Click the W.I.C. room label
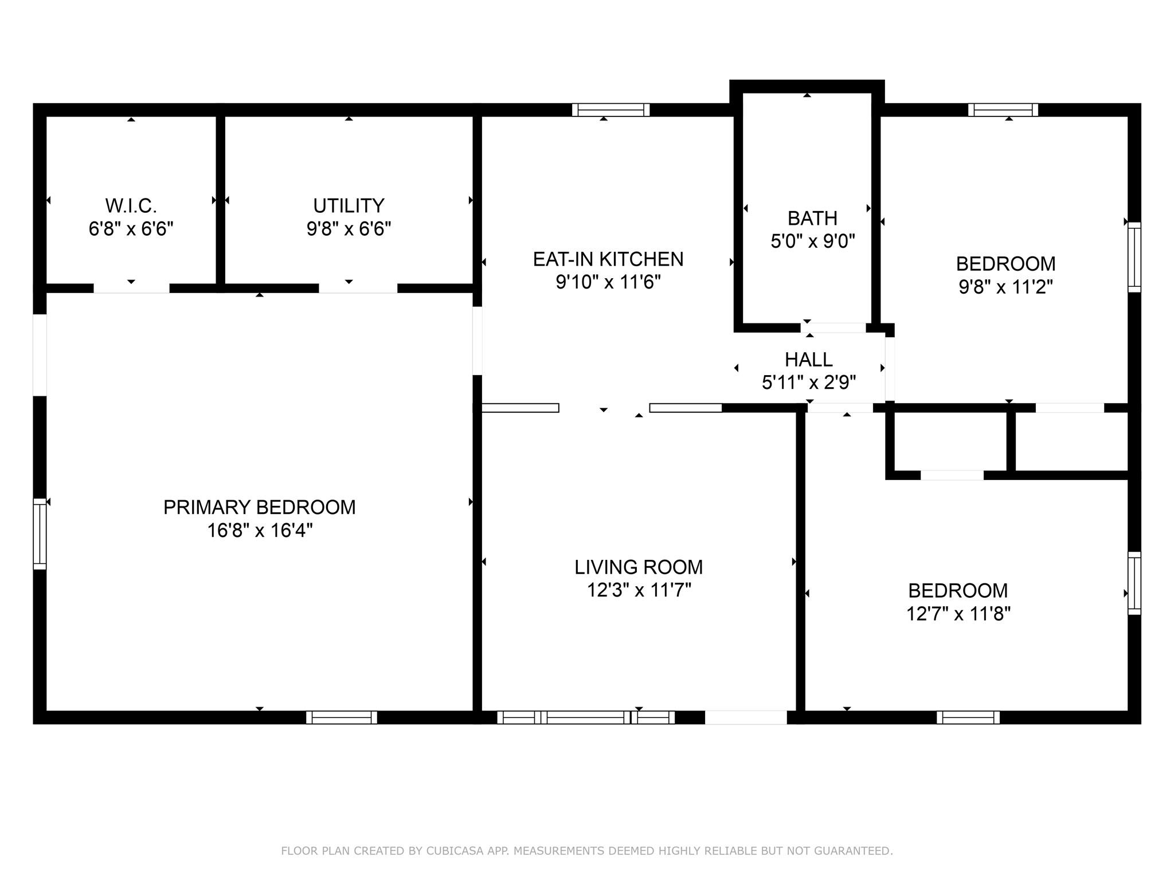point(131,205)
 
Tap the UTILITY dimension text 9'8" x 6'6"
point(349,229)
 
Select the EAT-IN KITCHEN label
point(608,259)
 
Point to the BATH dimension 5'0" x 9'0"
point(812,241)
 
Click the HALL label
point(808,360)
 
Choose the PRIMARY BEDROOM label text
point(259,507)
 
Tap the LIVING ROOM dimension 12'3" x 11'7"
point(639,590)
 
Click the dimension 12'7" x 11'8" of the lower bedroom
point(958,614)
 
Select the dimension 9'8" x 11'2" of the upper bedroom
point(1005,287)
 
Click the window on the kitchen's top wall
point(611,110)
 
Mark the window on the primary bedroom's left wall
point(39,533)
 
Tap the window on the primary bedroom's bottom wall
point(342,717)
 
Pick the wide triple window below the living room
point(585,717)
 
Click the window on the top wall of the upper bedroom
point(1003,110)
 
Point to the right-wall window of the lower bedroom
point(1134,583)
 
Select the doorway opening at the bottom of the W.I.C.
point(131,289)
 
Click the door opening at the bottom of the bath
point(833,328)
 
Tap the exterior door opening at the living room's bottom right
point(745,717)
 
